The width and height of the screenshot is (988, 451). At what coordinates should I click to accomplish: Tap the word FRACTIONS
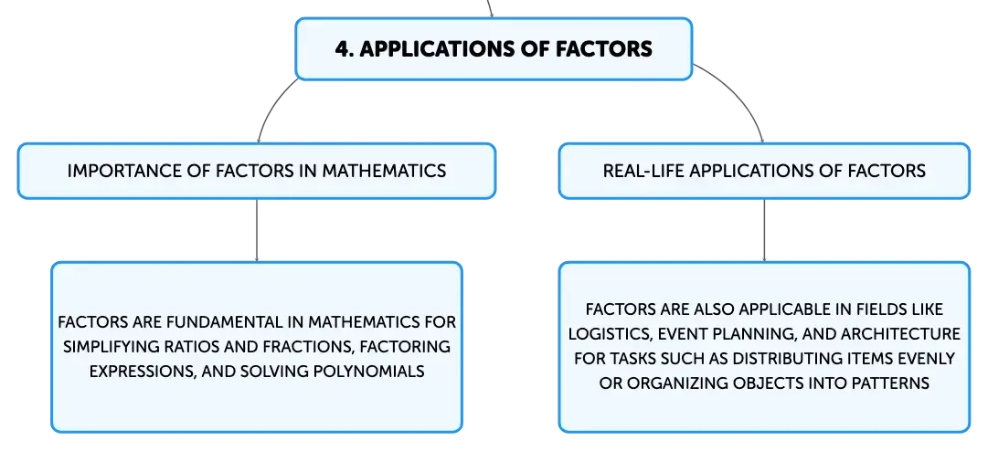[x=307, y=348]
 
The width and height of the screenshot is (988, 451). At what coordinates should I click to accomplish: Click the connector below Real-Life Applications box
[x=764, y=229]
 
